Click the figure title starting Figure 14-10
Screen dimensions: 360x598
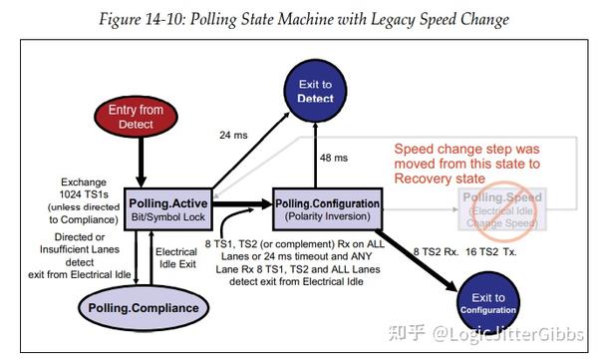click(x=297, y=18)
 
